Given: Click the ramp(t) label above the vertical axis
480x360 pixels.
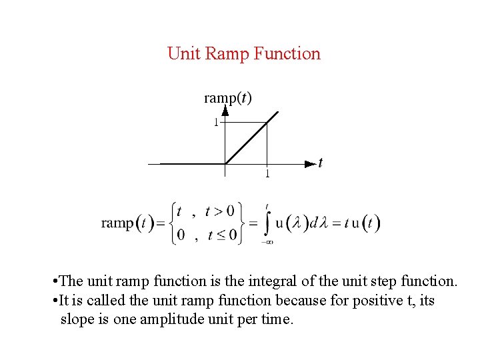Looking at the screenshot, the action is coord(227,98).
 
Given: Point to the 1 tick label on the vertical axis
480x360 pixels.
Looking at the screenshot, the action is coord(215,123).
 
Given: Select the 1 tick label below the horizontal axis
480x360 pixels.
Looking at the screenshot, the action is coord(267,175).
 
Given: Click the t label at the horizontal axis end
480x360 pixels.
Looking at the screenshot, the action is coord(321,163).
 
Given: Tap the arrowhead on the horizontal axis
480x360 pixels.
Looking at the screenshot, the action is coord(310,163).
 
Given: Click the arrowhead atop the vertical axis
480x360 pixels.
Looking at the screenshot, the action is coord(225,110).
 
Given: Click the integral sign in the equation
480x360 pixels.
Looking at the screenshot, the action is coord(267,223).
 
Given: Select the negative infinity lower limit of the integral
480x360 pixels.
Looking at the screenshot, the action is coord(268,242).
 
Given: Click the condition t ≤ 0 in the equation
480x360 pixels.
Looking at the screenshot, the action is coord(222,235).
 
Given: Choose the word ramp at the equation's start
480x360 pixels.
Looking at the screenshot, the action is coord(117,223).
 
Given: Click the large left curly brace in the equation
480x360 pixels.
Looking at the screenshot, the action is coord(172,223).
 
